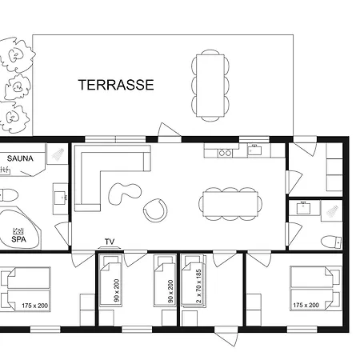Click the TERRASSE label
116,85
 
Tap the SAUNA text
20,158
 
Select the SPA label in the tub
18,239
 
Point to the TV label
110,242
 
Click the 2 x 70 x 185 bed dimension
198,286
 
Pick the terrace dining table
210,86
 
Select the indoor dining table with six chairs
230,204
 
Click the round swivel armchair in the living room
155,210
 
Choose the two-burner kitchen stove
225,153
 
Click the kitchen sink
254,150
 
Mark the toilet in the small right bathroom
331,242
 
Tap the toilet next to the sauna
9,195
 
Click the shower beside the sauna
58,154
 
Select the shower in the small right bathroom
331,211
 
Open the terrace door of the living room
169,131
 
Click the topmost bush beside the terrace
17,55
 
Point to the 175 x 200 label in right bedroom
306,305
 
